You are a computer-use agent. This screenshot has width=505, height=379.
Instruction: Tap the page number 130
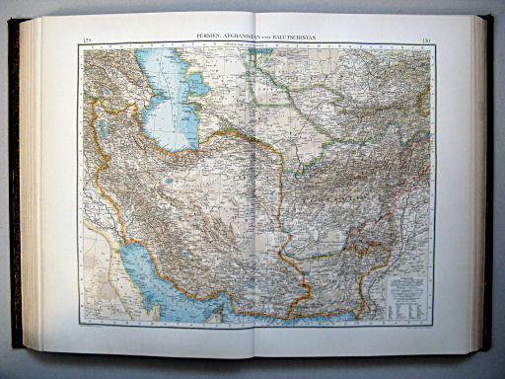[425, 40]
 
